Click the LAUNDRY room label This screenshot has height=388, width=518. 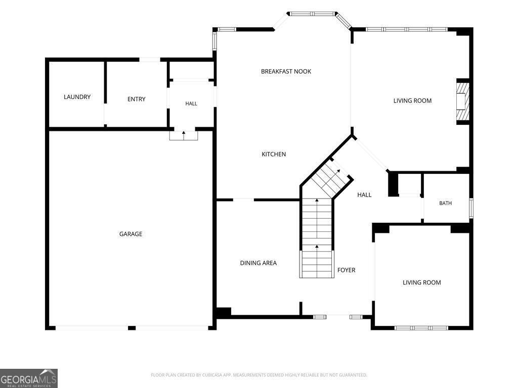point(77,96)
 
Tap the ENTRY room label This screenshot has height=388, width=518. point(137,99)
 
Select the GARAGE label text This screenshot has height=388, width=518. point(131,234)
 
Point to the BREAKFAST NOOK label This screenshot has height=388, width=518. point(286,71)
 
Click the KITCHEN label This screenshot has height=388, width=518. point(274,154)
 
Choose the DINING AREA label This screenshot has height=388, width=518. point(258,263)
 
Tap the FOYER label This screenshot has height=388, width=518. point(346,270)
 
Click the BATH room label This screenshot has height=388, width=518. point(445,203)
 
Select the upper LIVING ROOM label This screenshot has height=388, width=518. point(412,101)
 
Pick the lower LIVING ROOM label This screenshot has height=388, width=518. point(421,282)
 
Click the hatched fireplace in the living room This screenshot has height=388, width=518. point(463,101)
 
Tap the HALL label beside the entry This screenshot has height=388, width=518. point(191,104)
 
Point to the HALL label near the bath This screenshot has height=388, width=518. point(364,195)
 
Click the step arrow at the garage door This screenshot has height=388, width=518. point(184,135)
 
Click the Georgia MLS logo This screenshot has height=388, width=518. point(29,378)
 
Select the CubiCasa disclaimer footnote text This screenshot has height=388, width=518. point(259,375)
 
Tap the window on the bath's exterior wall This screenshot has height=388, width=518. point(471,208)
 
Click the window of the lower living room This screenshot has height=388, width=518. point(421,328)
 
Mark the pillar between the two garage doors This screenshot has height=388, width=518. point(132,328)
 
